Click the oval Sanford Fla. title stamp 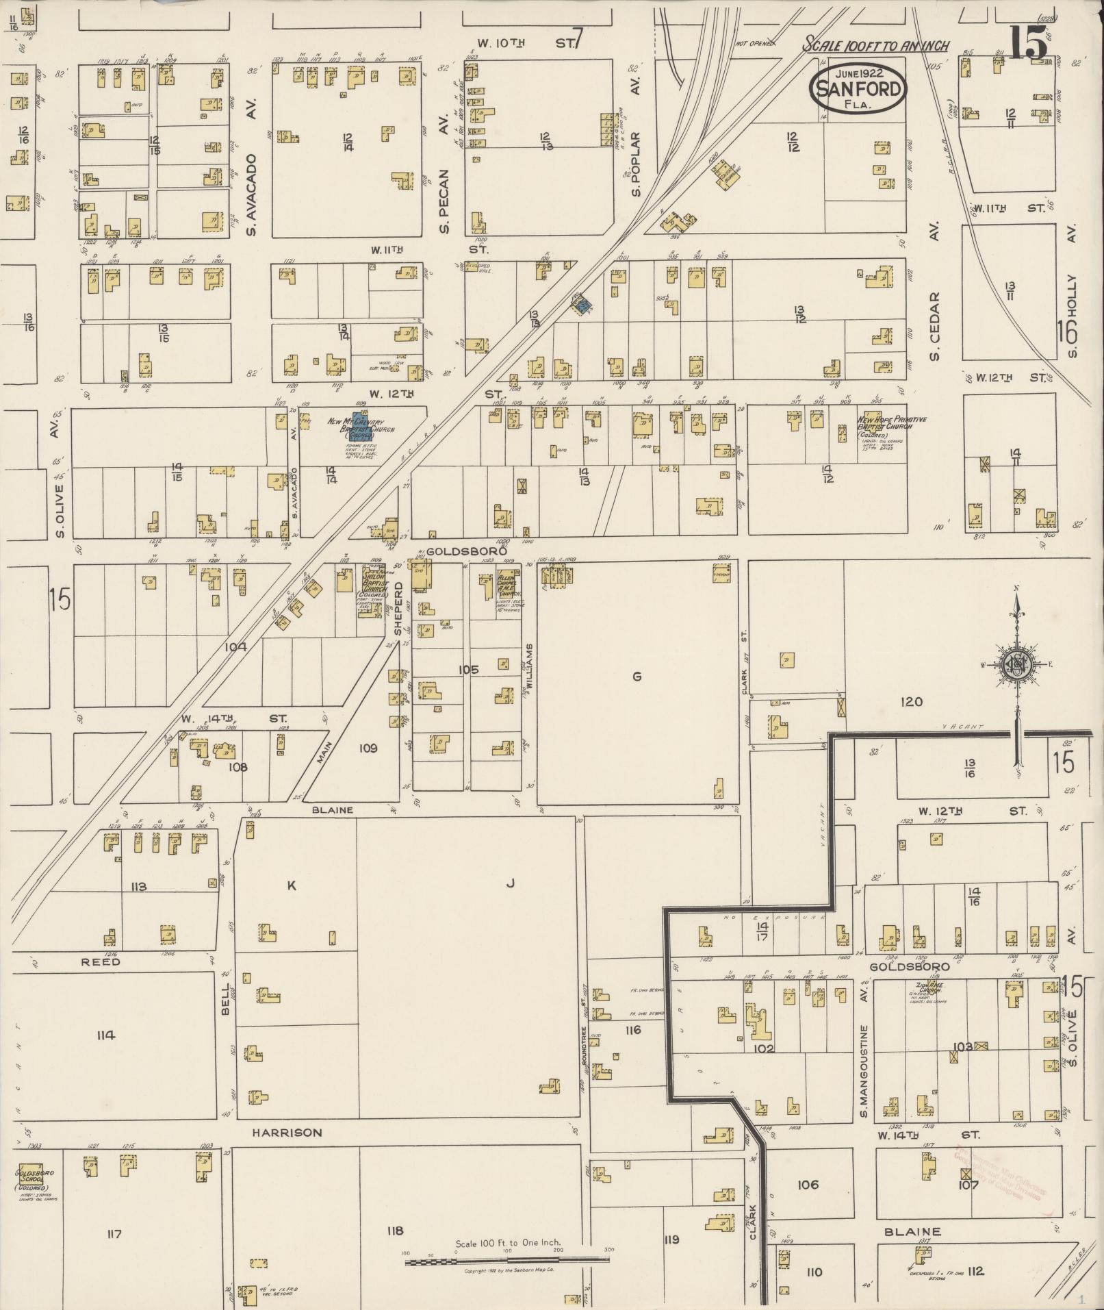[858, 88]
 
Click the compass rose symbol [1017, 663]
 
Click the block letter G [637, 677]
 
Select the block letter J [509, 883]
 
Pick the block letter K [291, 885]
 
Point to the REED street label [101, 961]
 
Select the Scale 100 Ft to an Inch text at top [877, 45]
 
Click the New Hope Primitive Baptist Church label [891, 425]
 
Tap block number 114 [106, 1035]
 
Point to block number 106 [808, 1184]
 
